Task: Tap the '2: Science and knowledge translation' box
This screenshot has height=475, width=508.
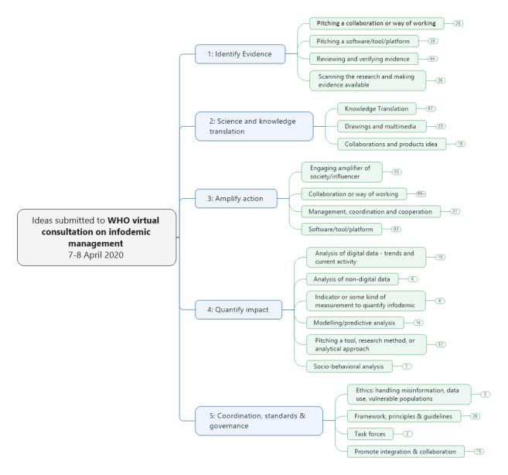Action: click(255, 126)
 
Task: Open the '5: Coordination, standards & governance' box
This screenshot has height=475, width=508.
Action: click(257, 421)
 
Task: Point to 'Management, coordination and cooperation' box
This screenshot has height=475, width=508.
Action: click(370, 210)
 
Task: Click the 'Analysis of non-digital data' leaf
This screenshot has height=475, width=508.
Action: click(352, 279)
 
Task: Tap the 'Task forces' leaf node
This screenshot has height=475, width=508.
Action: click(361, 434)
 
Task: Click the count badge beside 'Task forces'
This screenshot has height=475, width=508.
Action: click(407, 434)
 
